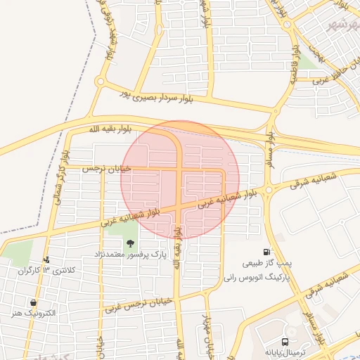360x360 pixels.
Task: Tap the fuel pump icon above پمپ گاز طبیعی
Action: pyautogui.click(x=266, y=252)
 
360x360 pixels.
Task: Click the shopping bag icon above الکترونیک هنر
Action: pyautogui.click(x=34, y=302)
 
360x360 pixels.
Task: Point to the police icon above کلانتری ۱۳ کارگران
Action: pyautogui.click(x=46, y=259)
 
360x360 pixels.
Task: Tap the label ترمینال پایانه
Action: pyautogui.click(x=283, y=349)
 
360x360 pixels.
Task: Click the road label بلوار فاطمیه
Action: pyautogui.click(x=295, y=60)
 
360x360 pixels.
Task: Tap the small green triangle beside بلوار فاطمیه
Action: pyautogui.click(x=307, y=62)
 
